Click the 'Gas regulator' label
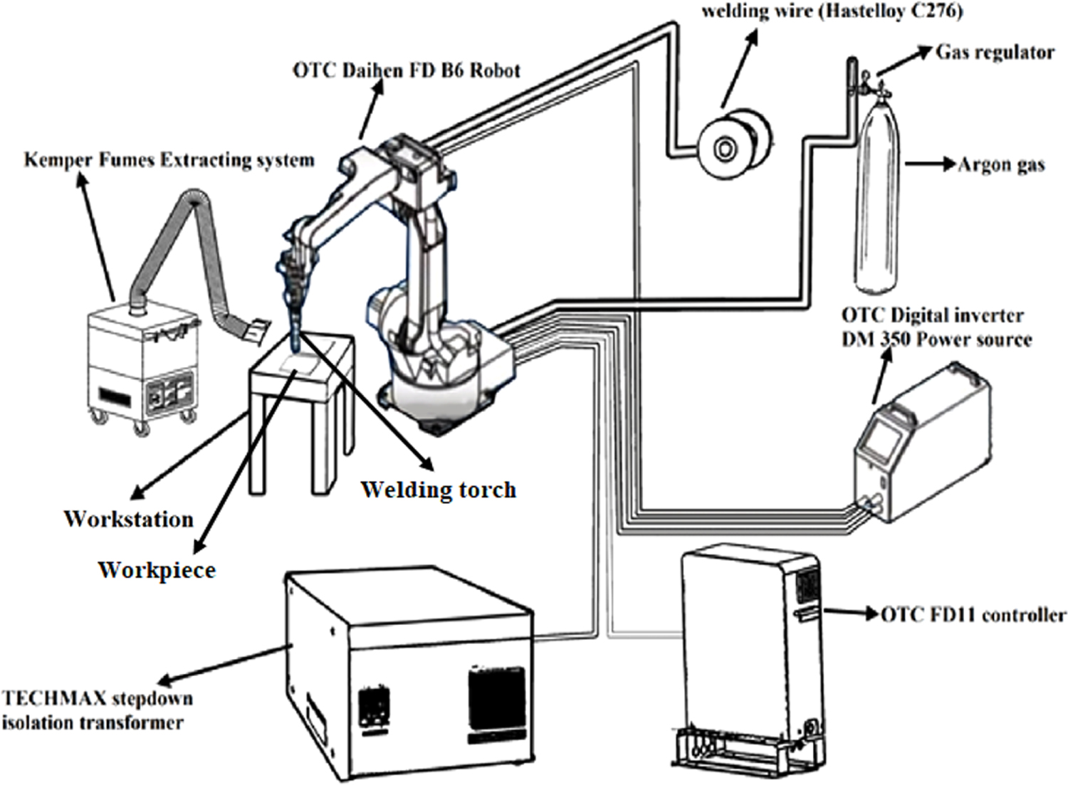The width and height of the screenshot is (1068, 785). [x=994, y=52]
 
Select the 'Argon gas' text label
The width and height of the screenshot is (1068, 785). [x=1000, y=165]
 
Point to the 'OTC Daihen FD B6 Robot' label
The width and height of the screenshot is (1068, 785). [x=407, y=70]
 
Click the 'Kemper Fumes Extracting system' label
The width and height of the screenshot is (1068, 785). [x=169, y=159]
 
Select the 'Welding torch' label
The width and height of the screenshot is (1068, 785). [x=438, y=490]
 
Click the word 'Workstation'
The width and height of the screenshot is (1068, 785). [x=129, y=519]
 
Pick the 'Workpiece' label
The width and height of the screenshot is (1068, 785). [x=157, y=570]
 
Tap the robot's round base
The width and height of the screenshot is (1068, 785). [x=441, y=399]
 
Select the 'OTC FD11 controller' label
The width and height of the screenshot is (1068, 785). [x=973, y=614]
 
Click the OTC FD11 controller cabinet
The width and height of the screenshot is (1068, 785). [x=748, y=655]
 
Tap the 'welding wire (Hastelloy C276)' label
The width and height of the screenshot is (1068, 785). [x=832, y=11]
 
